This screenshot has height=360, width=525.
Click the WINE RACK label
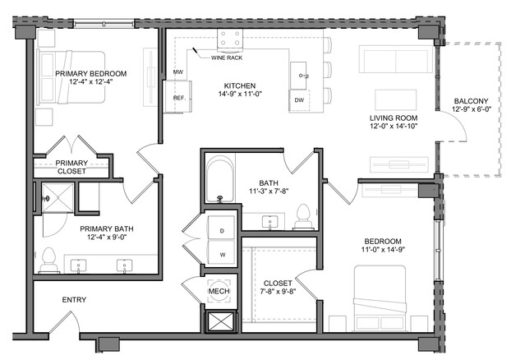(227, 58)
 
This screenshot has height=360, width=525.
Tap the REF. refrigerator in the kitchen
(177, 97)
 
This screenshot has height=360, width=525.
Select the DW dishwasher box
(299, 100)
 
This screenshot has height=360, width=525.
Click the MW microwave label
(178, 72)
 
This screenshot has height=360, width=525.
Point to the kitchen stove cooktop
(230, 38)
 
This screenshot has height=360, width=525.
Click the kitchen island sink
(298, 76)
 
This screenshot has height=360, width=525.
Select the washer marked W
(222, 253)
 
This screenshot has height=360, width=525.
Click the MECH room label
(219, 291)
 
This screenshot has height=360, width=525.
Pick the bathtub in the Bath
(219, 178)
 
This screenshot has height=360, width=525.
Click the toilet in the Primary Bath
(48, 260)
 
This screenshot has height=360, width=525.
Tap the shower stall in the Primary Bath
(58, 197)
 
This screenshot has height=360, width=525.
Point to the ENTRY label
(74, 300)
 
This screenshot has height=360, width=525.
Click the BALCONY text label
(471, 101)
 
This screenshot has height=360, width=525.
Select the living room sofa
(396, 59)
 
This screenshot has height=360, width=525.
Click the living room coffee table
(396, 99)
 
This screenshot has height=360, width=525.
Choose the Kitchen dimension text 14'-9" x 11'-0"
(240, 94)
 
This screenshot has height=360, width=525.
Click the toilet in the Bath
(302, 216)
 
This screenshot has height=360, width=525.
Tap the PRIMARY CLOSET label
(71, 167)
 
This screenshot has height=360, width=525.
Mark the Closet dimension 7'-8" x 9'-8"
(278, 291)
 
